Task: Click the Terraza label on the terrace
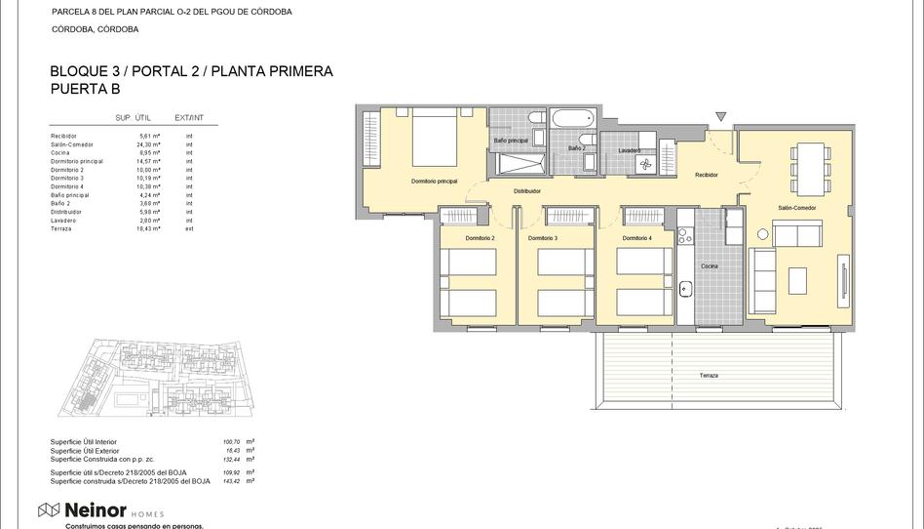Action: tap(709, 375)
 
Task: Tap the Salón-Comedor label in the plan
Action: tap(796, 208)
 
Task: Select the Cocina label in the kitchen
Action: tap(709, 265)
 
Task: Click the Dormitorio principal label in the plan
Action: tap(434, 182)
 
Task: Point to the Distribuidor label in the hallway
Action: tap(527, 191)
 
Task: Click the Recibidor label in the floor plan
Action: tap(706, 175)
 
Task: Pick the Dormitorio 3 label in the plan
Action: tap(543, 238)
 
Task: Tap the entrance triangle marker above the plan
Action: tap(720, 117)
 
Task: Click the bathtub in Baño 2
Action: tap(573, 120)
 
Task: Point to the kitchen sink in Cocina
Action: tap(685, 289)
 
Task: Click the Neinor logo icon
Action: tap(48, 510)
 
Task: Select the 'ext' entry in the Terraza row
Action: tap(189, 228)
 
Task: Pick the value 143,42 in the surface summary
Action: tap(230, 481)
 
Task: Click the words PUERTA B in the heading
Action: tap(85, 89)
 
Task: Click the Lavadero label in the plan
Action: tap(629, 150)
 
